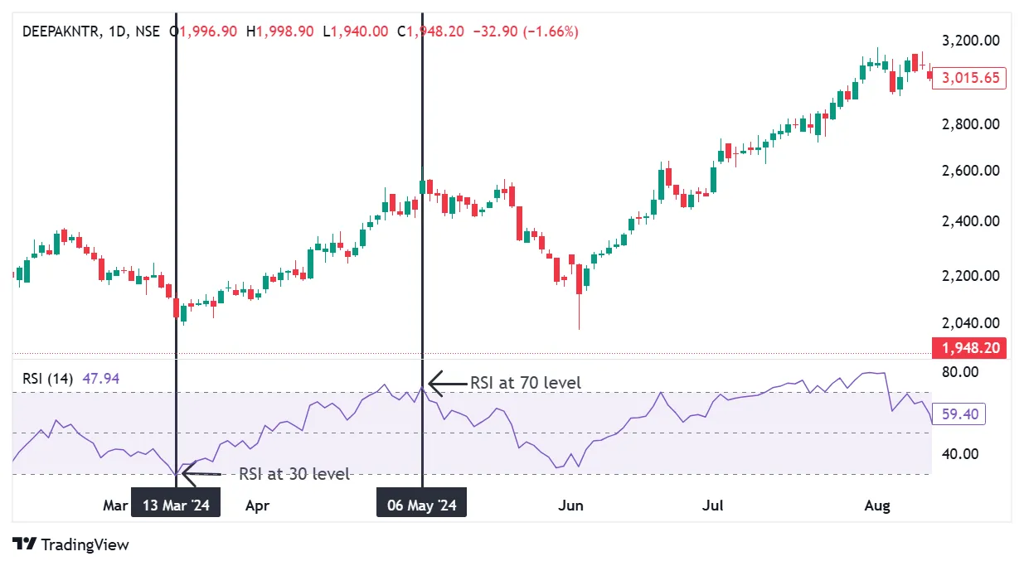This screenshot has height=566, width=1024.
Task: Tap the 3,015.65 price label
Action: click(968, 79)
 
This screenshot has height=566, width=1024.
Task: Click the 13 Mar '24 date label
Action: click(176, 506)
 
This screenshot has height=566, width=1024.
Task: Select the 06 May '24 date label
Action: click(421, 506)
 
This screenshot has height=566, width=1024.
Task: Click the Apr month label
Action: click(257, 506)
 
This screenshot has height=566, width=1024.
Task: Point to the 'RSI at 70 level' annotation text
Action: click(526, 383)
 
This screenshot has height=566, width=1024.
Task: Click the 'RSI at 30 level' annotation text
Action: click(294, 474)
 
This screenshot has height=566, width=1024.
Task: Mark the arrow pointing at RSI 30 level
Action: click(201, 474)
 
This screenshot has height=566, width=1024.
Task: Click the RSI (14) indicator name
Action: click(46, 379)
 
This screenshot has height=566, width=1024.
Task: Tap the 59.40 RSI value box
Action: click(958, 414)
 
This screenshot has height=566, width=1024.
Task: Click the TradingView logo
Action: click(71, 544)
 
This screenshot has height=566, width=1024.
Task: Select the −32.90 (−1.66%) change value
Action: click(526, 31)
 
